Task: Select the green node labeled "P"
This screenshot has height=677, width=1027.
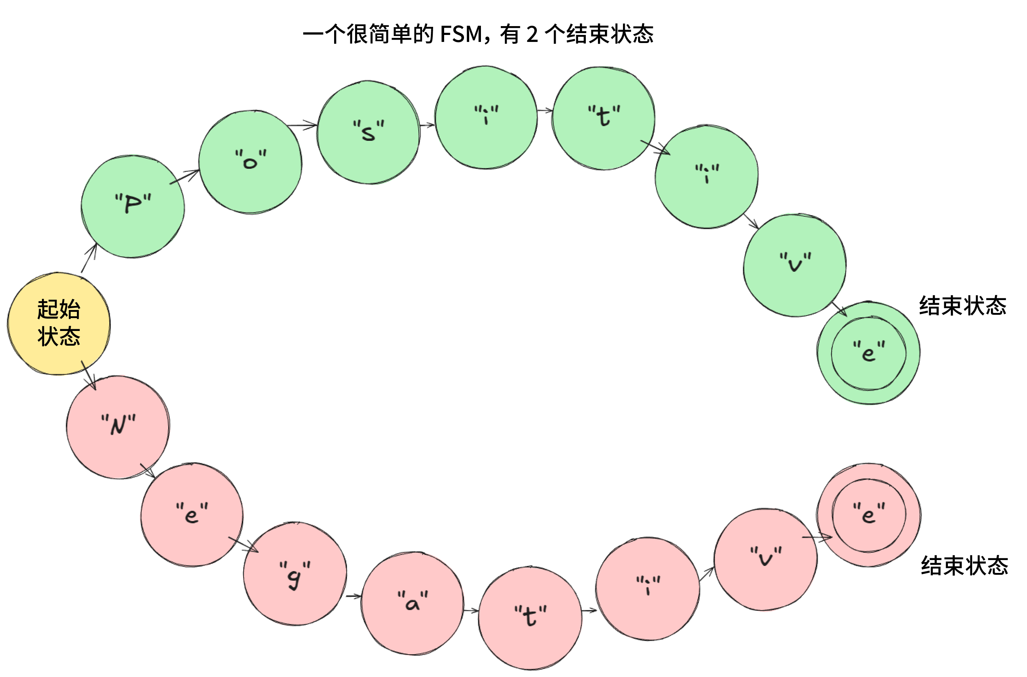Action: coord(132,207)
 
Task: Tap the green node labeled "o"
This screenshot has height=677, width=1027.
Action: coord(250,162)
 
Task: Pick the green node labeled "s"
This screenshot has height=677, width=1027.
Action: coord(368,132)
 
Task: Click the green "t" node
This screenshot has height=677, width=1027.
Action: coord(603,118)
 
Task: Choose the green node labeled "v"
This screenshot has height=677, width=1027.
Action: coord(794,265)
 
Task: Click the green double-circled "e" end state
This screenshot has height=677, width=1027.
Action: coord(868,353)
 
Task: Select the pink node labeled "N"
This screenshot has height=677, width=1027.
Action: coord(118,427)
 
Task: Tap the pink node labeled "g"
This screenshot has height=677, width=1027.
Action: coord(295,573)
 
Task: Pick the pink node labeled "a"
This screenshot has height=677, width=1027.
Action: coord(412,603)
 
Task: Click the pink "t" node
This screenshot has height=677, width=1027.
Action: coord(530,618)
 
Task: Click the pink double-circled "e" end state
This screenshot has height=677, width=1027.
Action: coord(868,515)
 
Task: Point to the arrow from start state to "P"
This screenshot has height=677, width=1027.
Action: coord(89,258)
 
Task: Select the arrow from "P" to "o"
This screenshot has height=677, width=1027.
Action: coord(184,177)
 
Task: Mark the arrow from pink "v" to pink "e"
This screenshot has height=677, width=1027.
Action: coord(817,538)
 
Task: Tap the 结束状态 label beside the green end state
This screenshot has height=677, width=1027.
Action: coord(963,306)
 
